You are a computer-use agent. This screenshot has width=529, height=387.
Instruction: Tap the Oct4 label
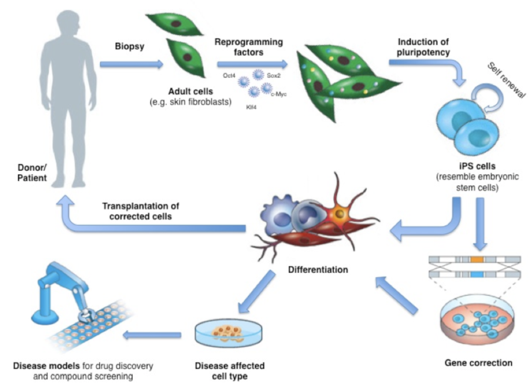[230, 75]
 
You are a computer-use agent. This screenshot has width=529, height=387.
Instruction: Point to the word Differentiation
[319, 270]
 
